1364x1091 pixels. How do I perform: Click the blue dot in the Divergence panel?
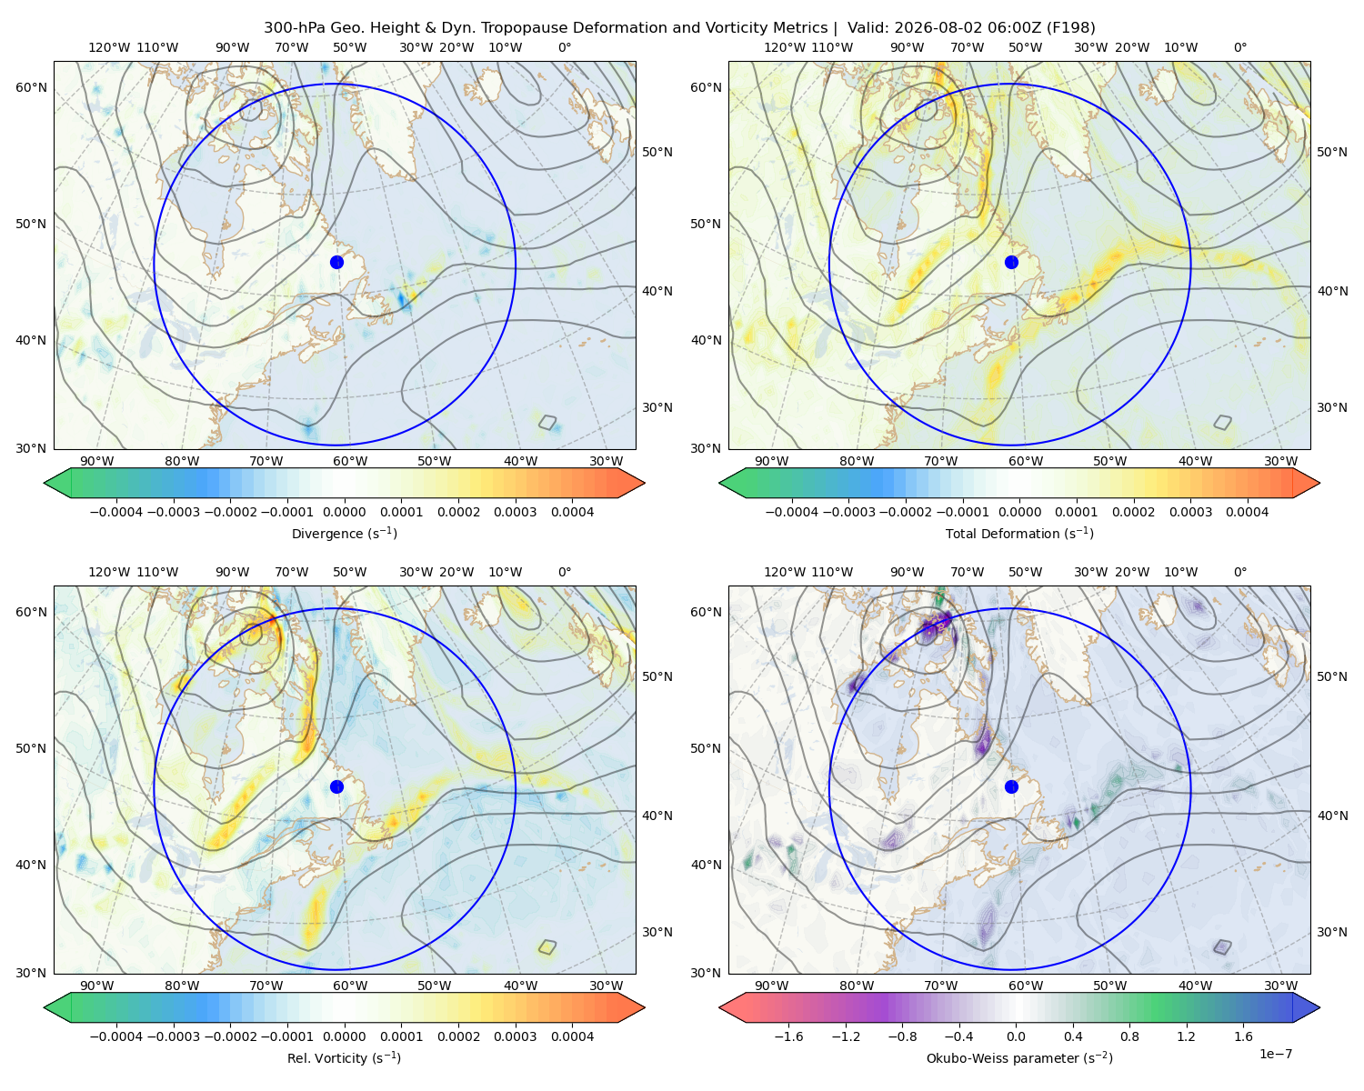click(336, 262)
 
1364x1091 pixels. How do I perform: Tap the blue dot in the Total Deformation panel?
click(1011, 262)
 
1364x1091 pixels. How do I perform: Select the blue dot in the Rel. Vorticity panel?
click(336, 786)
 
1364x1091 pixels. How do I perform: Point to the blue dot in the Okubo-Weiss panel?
click(1011, 786)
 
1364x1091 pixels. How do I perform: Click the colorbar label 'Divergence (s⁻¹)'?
click(344, 533)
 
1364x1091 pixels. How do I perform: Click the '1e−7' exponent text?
click(1275, 1054)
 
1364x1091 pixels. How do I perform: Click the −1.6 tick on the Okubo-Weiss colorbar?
click(788, 1036)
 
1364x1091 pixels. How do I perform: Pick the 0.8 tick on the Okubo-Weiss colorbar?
click(1129, 1036)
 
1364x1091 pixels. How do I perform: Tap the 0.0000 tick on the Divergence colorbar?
click(344, 512)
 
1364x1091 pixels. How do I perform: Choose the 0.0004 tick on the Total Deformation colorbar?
click(1247, 512)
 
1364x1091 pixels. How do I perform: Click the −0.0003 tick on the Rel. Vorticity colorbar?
click(173, 1036)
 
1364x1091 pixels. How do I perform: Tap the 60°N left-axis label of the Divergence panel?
click(31, 87)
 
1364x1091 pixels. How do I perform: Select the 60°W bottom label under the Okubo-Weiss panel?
click(1026, 986)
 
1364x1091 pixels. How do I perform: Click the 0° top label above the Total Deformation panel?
click(1239, 47)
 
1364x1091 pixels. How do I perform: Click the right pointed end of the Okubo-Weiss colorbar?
click(1319, 1007)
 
